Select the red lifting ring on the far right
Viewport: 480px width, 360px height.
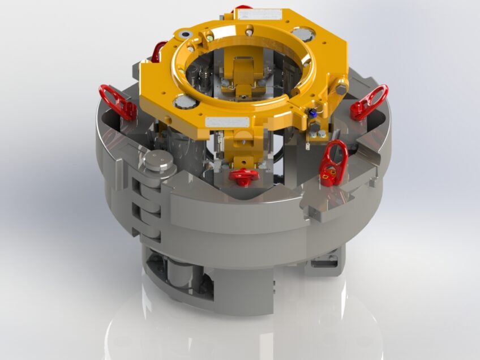pos(370,102)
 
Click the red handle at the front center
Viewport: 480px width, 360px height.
pos(244,175)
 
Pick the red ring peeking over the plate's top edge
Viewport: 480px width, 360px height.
pos(242,8)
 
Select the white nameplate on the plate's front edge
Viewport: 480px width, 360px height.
pos(227,122)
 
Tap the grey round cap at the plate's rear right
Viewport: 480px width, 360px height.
pos(305,34)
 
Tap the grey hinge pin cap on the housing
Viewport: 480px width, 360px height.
pos(157,161)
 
